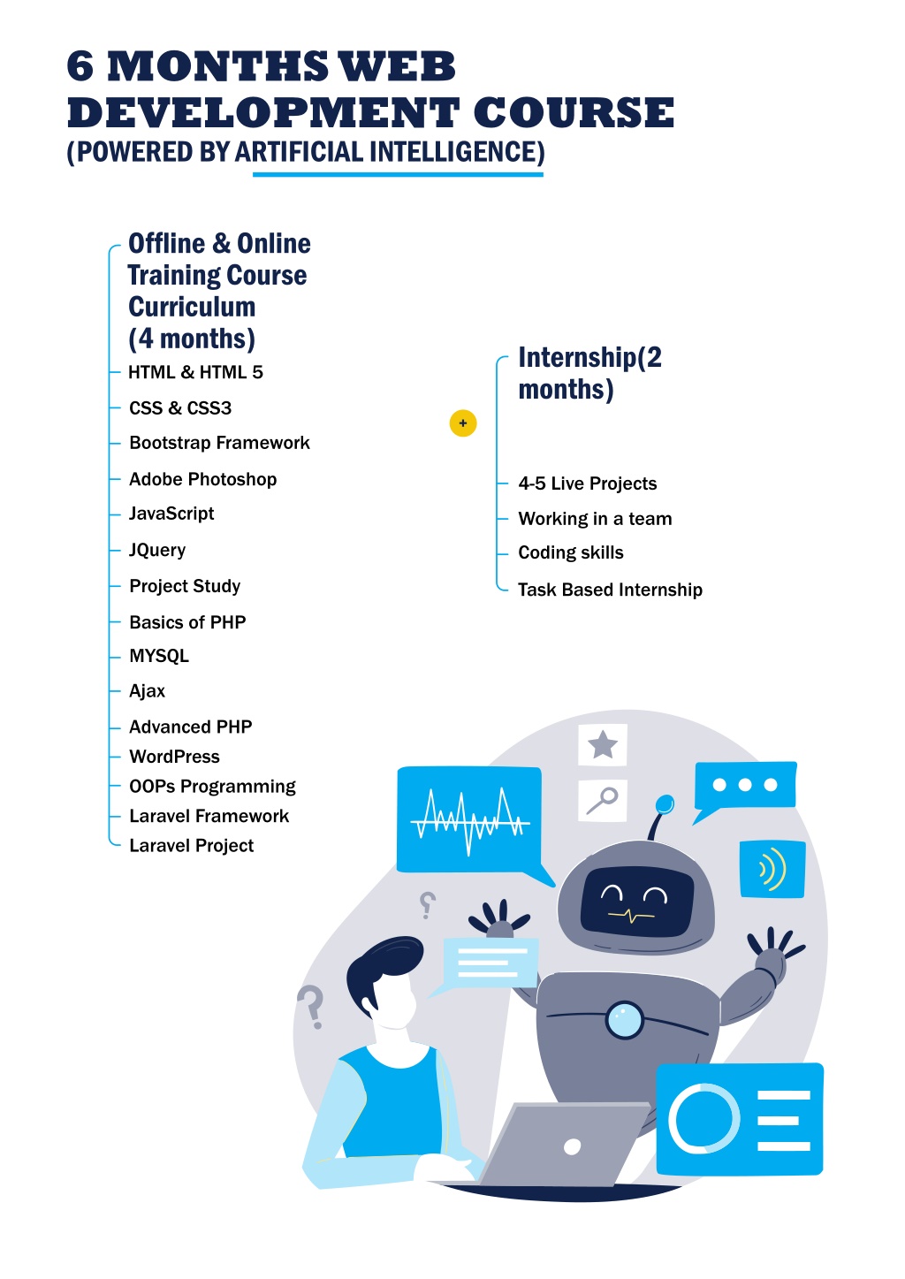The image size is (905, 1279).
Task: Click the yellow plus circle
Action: coord(462,423)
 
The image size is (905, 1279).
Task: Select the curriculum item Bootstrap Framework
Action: coord(219,443)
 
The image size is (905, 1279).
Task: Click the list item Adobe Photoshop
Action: coord(202,479)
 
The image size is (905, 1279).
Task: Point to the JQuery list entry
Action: coord(157,550)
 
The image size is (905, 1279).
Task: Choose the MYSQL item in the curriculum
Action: coord(159,656)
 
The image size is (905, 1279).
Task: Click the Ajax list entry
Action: coord(148,691)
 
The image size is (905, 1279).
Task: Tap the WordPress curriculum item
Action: coord(174,757)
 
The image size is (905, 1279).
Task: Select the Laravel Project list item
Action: coord(191,846)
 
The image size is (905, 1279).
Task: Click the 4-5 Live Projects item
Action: coord(588,483)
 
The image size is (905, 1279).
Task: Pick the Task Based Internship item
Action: coord(610,590)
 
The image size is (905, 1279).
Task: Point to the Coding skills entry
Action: coord(571,552)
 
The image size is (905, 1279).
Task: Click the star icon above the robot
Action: coord(603,745)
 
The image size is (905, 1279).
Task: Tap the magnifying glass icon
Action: coord(602,800)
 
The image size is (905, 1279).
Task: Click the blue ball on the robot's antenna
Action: coord(664,804)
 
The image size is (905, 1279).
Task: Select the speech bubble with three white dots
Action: coord(744,788)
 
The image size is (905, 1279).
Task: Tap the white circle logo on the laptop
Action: coord(572,1146)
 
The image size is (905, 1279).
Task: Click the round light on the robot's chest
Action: coord(624,1019)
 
